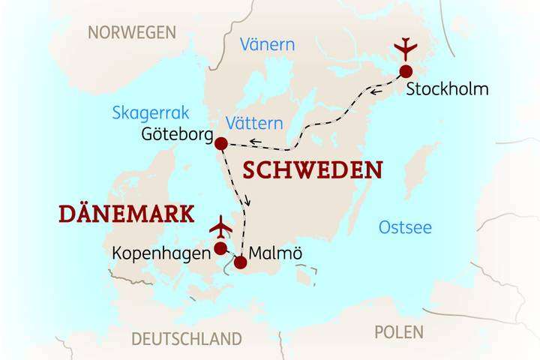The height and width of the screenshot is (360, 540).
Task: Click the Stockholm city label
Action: pos(447,89)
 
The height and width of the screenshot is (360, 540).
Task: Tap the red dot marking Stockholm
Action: pos(406,71)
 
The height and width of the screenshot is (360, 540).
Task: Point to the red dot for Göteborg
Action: pos(220,143)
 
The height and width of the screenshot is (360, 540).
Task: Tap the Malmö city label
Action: pos(277,253)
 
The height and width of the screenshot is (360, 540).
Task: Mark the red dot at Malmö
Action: pos(240,262)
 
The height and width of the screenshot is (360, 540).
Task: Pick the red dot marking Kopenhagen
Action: pos(220,248)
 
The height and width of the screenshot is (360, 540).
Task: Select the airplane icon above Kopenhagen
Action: pos(220,226)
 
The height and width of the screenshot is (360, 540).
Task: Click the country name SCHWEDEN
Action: pos(312,170)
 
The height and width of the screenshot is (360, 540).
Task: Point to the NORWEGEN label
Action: pos(132,32)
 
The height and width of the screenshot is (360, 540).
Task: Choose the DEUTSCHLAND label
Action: pos(187,338)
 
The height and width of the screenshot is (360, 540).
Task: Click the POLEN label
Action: pos(398,331)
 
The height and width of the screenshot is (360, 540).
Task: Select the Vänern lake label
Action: pos(267,45)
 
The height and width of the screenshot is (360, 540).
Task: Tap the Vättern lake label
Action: pos(254,123)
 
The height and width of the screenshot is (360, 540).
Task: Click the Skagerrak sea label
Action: pos(151,112)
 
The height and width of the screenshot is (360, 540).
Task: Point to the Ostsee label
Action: pos(405,227)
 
